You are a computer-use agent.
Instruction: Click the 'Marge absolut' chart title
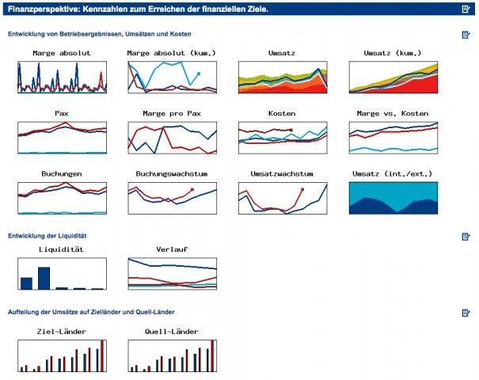coord(62,53)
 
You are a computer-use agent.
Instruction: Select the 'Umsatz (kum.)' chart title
coord(393,53)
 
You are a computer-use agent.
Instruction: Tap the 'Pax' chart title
coord(62,113)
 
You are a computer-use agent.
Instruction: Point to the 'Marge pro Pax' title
coord(171,113)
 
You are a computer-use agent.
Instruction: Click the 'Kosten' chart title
coord(282,113)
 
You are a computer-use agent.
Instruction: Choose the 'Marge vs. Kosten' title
coord(393,113)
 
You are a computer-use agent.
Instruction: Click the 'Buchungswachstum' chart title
coord(171,173)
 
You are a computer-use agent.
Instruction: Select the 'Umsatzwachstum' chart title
coord(282,173)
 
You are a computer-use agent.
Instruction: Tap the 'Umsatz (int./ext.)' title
coord(393,173)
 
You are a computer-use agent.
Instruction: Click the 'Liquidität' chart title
coord(62,249)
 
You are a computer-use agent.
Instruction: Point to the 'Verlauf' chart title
coord(171,249)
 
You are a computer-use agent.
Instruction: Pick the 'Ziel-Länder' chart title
coord(62,331)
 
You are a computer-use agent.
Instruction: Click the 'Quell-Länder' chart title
coord(171,331)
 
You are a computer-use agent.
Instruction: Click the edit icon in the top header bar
coord(466,9)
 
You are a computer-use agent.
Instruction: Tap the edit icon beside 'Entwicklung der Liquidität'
coord(466,236)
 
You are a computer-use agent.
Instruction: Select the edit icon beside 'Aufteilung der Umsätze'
coord(466,313)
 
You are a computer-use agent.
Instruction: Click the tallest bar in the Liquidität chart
coord(44,278)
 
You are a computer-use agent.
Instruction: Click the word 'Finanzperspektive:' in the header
coord(36,9)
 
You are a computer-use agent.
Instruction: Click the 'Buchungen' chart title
coord(62,173)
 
